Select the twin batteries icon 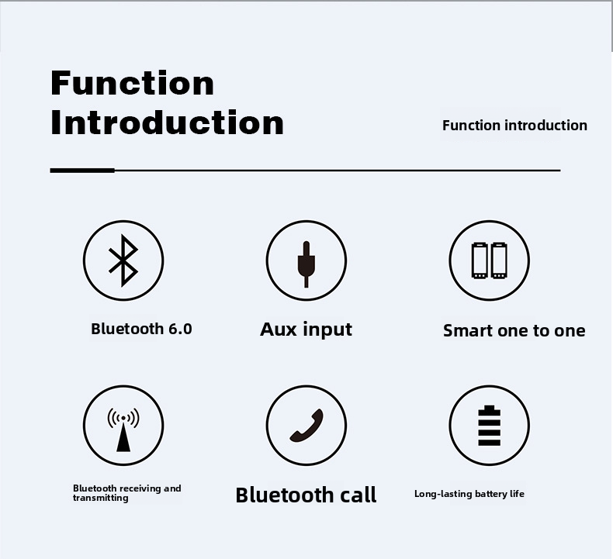point(489,260)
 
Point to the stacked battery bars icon point(489,426)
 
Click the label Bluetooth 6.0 point(141,329)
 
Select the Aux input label point(306,330)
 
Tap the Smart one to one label point(514,331)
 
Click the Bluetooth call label point(306,495)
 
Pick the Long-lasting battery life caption point(469,494)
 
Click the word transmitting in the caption point(101,499)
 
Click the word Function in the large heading point(132,83)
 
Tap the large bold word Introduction point(167,122)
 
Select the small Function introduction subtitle point(514,126)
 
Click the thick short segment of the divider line point(82,170)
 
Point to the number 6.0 point(179,329)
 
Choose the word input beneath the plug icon point(327,330)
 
